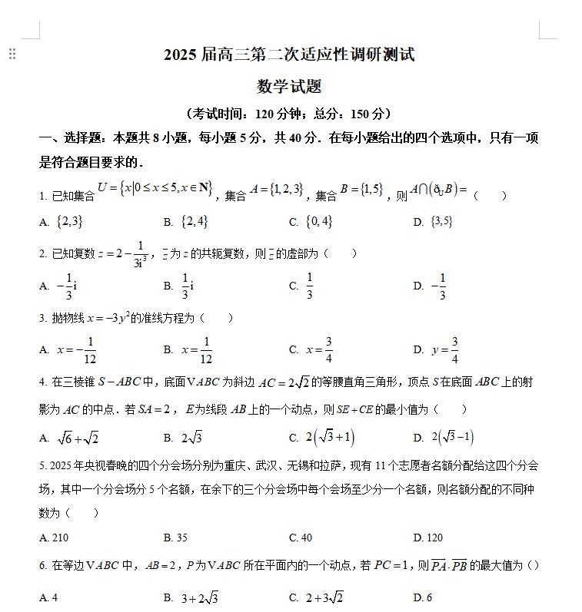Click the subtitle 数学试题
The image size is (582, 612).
289,86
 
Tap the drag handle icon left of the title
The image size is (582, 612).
12,55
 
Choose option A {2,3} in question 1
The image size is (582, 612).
69,222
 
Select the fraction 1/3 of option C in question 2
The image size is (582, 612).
310,286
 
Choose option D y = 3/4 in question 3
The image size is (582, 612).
445,350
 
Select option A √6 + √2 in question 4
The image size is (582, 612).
78,438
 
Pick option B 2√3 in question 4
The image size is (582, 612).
191,438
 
